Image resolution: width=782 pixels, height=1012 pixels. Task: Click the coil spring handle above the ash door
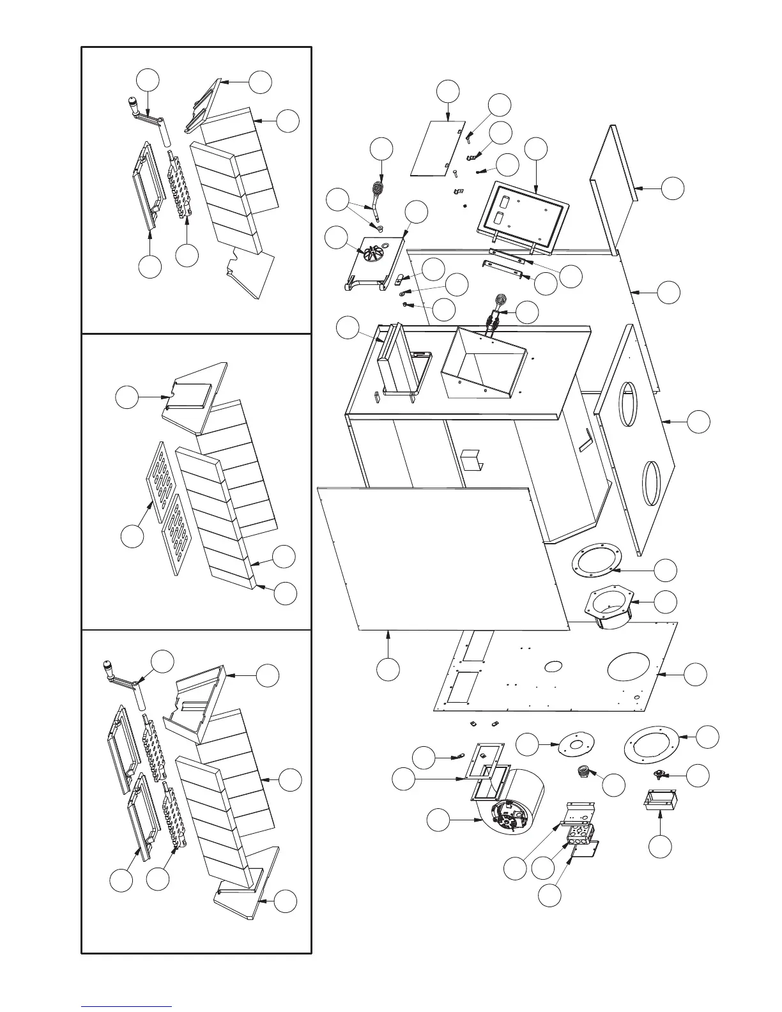[378, 189]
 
